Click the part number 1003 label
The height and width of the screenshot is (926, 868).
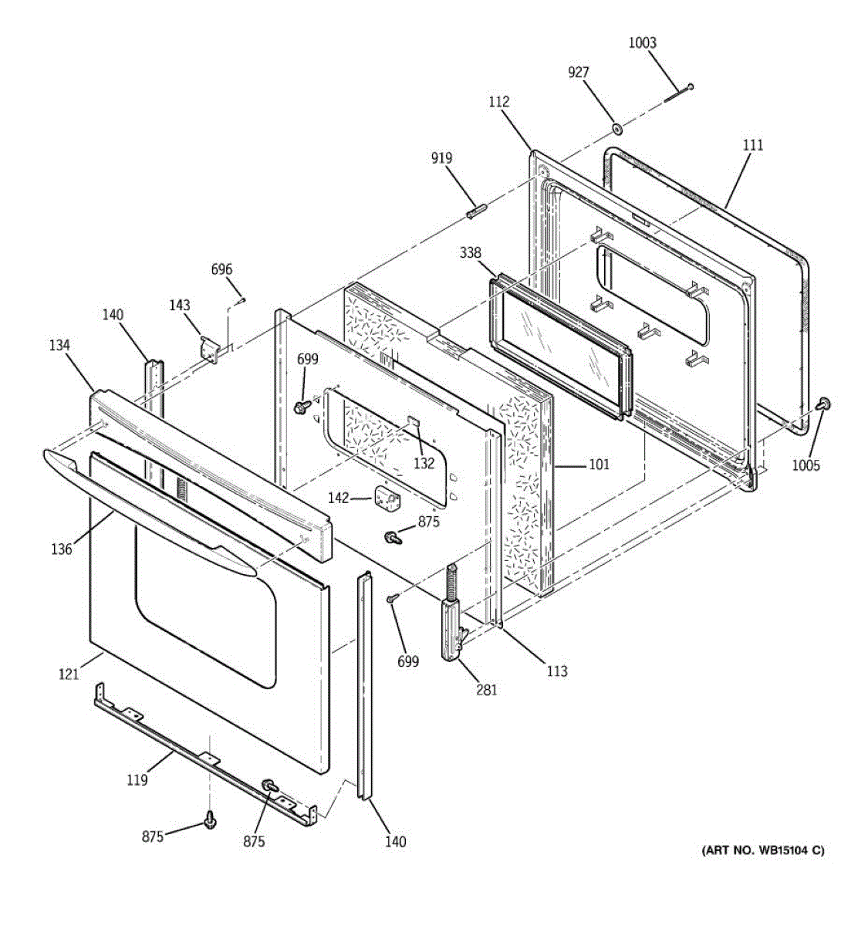coord(642,43)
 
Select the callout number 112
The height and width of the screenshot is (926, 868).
coord(499,101)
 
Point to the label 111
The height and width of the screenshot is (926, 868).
coord(753,145)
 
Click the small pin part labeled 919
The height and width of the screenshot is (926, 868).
coord(475,211)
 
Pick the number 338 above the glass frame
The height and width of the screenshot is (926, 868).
coord(471,253)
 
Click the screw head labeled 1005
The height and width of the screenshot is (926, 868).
coord(823,404)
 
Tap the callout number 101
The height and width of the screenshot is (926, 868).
coord(598,465)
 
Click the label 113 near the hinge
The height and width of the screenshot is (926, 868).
coord(556,671)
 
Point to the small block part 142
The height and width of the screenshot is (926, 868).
coord(385,497)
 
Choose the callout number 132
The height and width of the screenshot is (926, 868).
coord(424,464)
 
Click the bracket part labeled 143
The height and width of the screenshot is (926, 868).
coord(209,347)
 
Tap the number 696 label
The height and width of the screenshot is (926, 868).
coord(221,269)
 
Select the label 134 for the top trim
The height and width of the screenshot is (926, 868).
coord(59,346)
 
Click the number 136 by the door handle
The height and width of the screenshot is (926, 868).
coord(62,549)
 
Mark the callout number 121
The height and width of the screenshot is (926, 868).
coord(69,674)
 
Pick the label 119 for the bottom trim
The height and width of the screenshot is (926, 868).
coord(137,780)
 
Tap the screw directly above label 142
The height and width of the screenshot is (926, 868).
coord(302,404)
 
